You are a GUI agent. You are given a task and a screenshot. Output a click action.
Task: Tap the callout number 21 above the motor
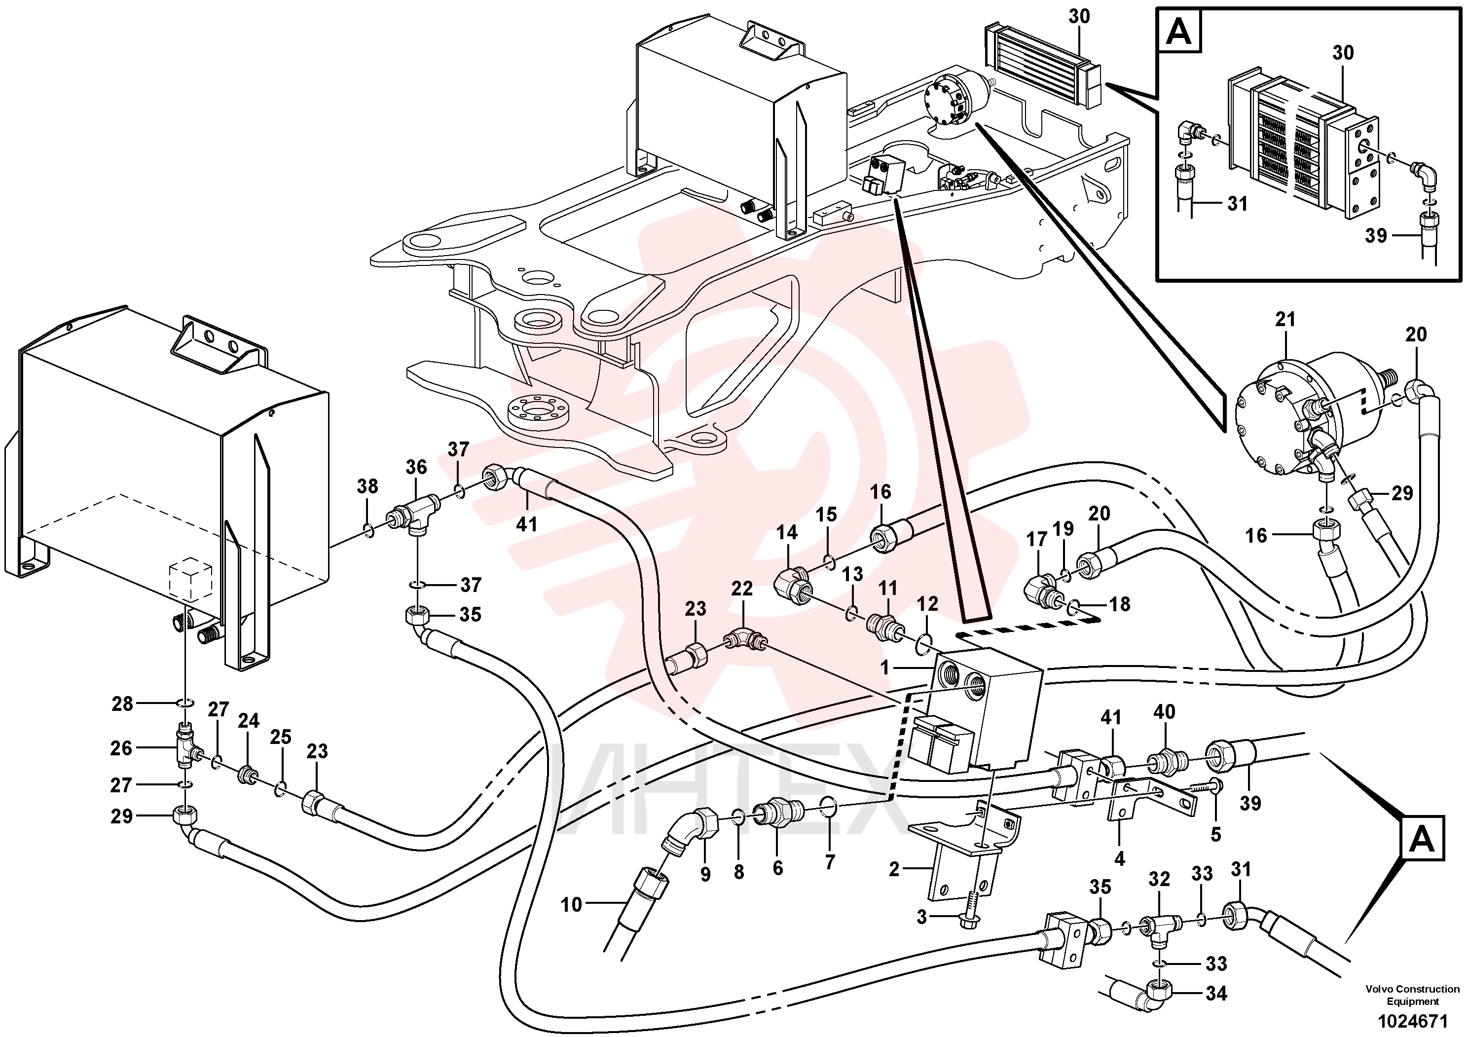coord(1284,320)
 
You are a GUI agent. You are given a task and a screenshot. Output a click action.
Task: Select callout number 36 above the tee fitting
coord(416,467)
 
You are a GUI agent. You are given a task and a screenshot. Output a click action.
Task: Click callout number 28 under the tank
coord(122,704)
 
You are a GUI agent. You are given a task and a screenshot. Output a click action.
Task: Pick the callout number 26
coord(121,748)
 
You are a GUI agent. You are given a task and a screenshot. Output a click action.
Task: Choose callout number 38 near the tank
coord(367,486)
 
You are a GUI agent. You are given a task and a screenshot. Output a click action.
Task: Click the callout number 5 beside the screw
coord(1215,834)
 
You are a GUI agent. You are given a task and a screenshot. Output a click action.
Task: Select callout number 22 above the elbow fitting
coord(742,588)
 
